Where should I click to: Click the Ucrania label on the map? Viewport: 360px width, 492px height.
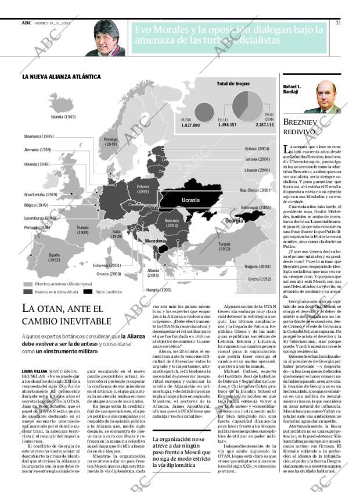point(190,200)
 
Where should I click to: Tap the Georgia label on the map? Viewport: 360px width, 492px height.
point(234,221)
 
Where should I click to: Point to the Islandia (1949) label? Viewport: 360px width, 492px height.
point(63,117)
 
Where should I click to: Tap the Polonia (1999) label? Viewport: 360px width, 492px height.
point(143,189)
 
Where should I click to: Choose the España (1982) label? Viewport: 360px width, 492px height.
point(55,258)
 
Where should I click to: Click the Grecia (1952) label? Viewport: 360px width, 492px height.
point(260,279)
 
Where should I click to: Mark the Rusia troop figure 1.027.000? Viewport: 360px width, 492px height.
point(190,125)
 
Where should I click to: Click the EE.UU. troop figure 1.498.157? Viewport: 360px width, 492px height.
point(227,125)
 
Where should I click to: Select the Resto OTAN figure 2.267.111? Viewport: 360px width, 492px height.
point(264,125)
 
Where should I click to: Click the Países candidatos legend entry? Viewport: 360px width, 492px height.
point(105,292)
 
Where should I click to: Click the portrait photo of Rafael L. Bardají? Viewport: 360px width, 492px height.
point(322,97)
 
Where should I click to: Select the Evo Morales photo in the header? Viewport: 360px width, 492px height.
point(105,38)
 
